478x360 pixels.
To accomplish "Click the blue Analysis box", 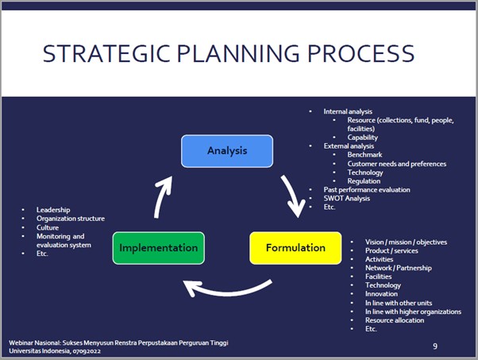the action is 227,151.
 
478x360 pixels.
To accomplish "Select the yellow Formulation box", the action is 295,248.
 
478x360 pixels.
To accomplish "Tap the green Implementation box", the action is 159,248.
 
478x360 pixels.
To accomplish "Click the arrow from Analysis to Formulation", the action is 292,195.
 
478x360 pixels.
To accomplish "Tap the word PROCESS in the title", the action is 361,54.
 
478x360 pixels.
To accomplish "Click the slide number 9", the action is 435,346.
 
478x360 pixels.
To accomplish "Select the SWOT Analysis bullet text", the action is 347,199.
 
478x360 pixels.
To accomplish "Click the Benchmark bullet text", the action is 364,155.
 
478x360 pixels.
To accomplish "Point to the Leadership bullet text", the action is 53,210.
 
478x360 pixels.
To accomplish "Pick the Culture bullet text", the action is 48,227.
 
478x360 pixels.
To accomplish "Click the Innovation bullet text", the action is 381,294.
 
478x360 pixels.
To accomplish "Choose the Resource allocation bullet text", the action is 395,320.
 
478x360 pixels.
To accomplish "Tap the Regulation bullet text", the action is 364,181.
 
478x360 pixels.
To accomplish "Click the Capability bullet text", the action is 363,137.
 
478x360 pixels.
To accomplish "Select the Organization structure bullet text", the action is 71,219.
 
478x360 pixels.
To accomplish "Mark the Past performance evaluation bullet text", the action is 367,190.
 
